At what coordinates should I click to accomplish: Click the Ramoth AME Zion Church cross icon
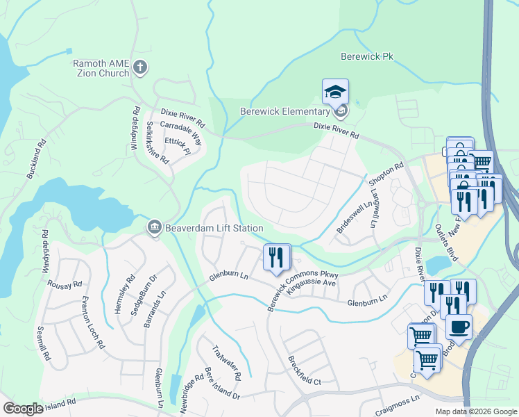pos(140,67)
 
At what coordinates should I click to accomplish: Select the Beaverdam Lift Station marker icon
pos(154,227)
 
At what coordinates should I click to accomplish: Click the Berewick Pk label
pos(368,56)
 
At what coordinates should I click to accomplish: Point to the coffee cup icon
pos(458,326)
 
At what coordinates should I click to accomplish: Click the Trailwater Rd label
pos(226,362)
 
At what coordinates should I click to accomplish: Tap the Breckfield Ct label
pos(304,371)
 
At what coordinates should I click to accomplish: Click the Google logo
pos(23,409)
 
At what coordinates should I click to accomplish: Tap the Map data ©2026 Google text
pos(475,411)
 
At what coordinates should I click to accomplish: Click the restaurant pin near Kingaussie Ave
pos(278,258)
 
